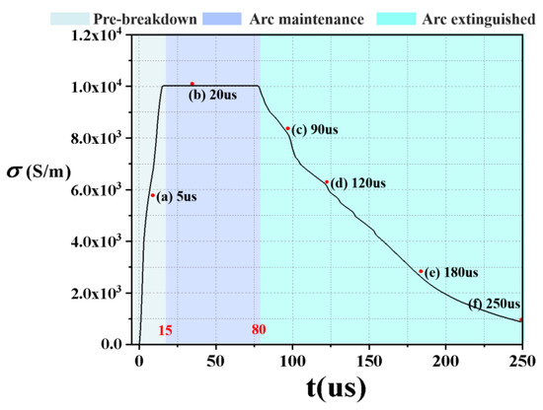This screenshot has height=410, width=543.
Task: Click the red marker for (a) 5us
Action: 153,195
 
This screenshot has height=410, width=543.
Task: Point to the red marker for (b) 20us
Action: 192,84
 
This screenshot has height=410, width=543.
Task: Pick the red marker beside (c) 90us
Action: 287,128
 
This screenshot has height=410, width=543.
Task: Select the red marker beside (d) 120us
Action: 327,181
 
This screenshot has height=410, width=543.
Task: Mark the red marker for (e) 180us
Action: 421,272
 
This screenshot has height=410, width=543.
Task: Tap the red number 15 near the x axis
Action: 166,331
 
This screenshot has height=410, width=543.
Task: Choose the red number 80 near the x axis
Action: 258,331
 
